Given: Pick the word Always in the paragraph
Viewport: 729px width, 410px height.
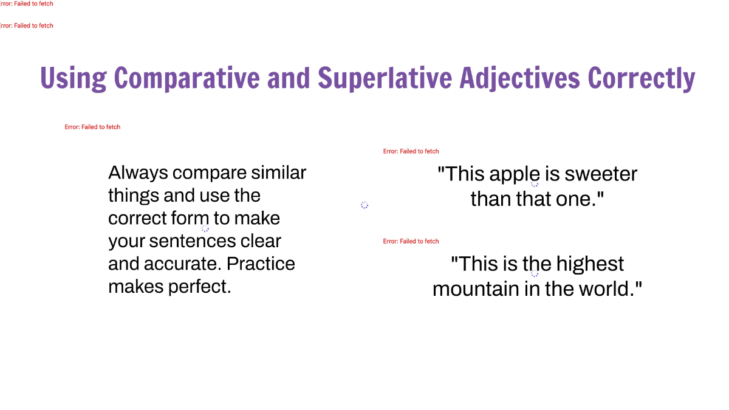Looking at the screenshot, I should point(138,173).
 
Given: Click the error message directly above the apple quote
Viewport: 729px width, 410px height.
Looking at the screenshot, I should point(411,151).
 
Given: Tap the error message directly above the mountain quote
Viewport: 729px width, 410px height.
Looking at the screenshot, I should point(411,241).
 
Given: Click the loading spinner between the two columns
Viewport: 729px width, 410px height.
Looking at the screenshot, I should point(364,205).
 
